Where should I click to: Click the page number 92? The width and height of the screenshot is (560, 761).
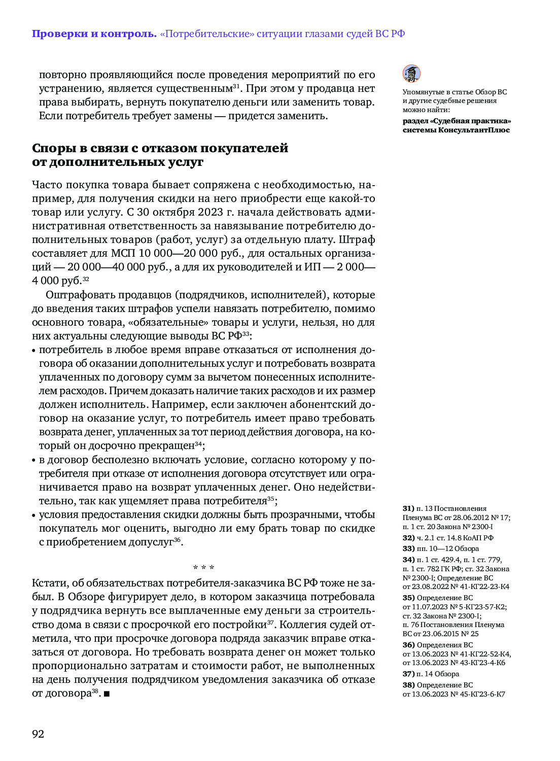click(x=38, y=734)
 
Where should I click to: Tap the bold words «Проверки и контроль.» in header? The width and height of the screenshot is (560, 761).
click(x=94, y=34)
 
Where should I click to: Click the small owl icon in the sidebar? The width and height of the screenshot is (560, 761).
click(x=411, y=74)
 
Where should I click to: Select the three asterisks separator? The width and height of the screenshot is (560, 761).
click(x=203, y=567)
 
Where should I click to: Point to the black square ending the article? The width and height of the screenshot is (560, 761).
click(x=107, y=694)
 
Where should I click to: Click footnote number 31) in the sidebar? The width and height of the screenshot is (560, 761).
click(x=408, y=508)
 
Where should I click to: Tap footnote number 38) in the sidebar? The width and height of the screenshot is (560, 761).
click(x=408, y=685)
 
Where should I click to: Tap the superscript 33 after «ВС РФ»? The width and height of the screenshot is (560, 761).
click(x=246, y=334)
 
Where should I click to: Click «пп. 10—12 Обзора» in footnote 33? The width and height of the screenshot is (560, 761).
click(x=447, y=548)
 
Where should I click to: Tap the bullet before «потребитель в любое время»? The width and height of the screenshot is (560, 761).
click(x=34, y=350)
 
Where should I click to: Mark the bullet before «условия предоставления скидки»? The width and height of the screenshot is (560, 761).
click(x=34, y=515)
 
